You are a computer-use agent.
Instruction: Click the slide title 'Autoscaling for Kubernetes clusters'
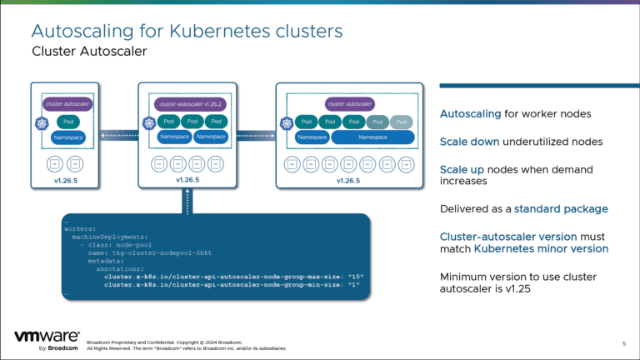(x=186, y=32)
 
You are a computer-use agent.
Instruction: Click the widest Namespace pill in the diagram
(x=372, y=137)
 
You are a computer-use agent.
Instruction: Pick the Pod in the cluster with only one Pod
(x=64, y=121)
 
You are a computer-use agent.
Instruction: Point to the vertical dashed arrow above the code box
(x=188, y=200)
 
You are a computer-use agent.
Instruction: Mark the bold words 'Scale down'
(x=465, y=142)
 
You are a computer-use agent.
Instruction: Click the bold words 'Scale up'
(x=459, y=169)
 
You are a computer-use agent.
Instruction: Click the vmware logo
(x=46, y=336)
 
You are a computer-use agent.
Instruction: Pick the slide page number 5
(x=623, y=343)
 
